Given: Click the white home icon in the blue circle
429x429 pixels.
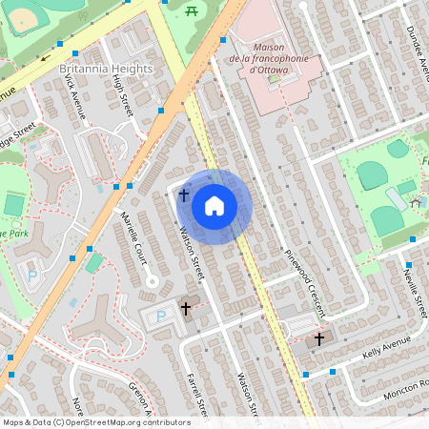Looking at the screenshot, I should tap(214, 206).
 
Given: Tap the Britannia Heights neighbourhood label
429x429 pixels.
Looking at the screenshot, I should tap(106, 70).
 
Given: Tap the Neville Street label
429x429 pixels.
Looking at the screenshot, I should tap(413, 292).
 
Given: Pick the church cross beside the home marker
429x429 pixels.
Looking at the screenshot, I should tap(184, 195).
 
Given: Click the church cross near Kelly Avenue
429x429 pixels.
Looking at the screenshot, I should tap(318, 338).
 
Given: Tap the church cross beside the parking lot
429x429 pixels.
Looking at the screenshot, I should tap(186, 309).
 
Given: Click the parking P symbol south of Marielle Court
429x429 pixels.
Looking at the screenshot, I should tap(159, 316).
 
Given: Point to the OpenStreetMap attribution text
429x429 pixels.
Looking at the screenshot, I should tap(96, 421).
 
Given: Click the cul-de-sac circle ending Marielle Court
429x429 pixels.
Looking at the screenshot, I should tap(151, 280).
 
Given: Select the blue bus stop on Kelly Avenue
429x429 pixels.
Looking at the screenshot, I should tap(333, 372).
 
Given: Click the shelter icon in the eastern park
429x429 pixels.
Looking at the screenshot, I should tap(415, 202).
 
